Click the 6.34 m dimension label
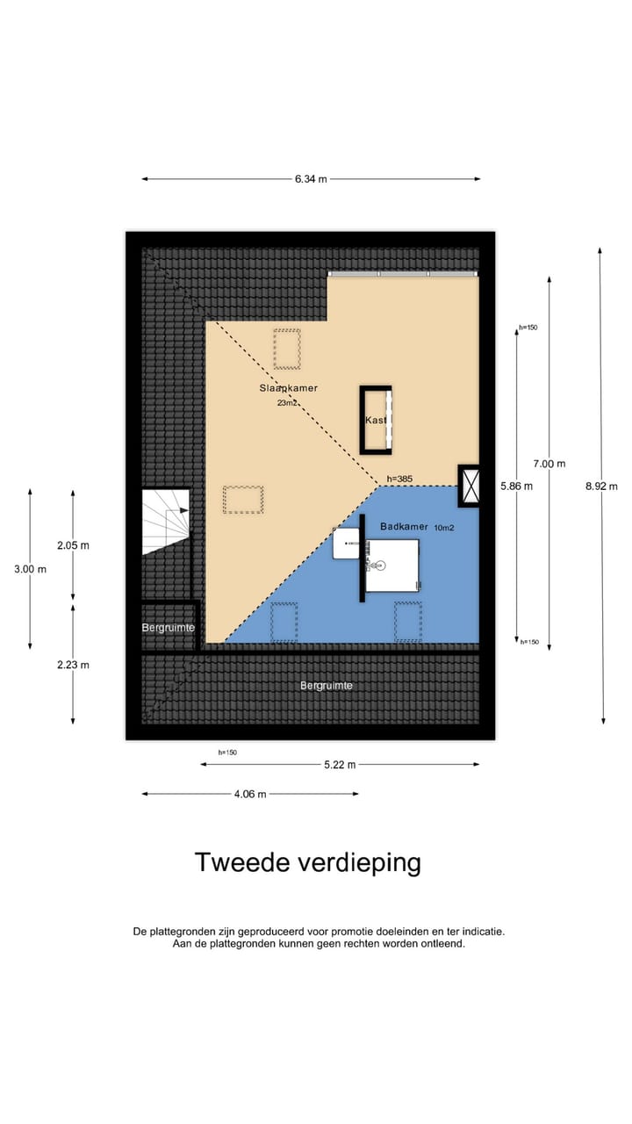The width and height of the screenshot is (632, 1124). pyautogui.click(x=311, y=179)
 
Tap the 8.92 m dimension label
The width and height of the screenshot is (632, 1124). pyautogui.click(x=602, y=486)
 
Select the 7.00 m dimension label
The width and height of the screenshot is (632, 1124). pyautogui.click(x=549, y=464)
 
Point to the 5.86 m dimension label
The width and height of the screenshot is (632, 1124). pyautogui.click(x=516, y=486)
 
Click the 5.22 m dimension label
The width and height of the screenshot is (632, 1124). pyautogui.click(x=339, y=765)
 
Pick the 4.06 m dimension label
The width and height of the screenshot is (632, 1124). pyautogui.click(x=249, y=794)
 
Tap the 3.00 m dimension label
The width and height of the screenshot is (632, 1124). pyautogui.click(x=30, y=569)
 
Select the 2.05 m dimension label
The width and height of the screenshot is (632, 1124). pyautogui.click(x=73, y=545)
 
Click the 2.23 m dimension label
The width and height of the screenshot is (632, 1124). pyautogui.click(x=73, y=665)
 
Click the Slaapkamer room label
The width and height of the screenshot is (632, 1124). pyautogui.click(x=288, y=388)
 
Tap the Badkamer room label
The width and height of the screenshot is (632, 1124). pyautogui.click(x=404, y=527)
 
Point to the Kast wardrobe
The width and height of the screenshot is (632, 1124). pyautogui.click(x=377, y=420)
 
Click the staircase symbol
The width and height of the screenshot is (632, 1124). pyautogui.click(x=166, y=522)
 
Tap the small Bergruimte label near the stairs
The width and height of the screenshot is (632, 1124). pyautogui.click(x=168, y=628)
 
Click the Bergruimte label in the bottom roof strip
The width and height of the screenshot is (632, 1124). pyautogui.click(x=327, y=685)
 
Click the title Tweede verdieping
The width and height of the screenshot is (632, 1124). pyautogui.click(x=307, y=862)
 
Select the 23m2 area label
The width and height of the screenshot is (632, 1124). pyautogui.click(x=287, y=403)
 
